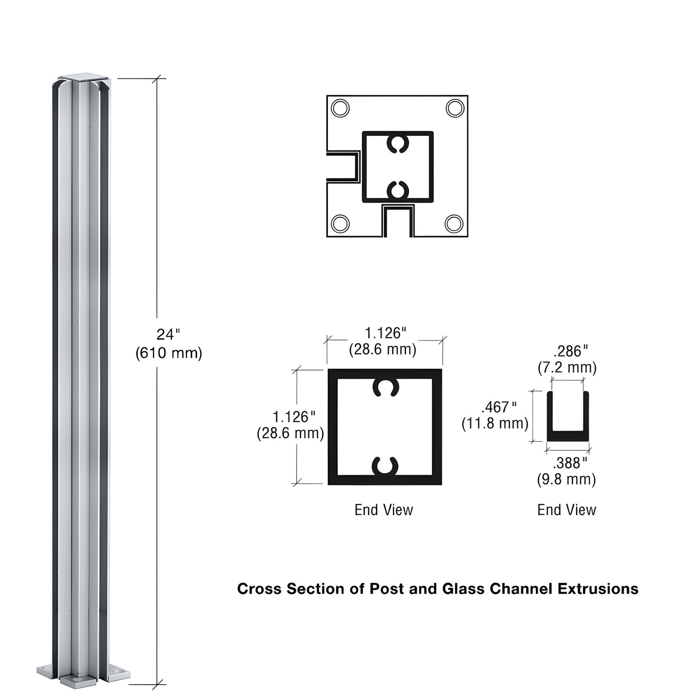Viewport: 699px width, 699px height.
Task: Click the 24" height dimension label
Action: (168, 335)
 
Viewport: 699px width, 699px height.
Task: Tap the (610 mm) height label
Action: (168, 353)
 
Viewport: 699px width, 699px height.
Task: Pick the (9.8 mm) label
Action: (566, 479)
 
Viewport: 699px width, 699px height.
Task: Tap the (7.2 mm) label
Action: (567, 368)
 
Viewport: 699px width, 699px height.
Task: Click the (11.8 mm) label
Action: (495, 423)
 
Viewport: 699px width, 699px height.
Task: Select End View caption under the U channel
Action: (566, 510)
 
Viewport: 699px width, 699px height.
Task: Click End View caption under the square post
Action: (384, 510)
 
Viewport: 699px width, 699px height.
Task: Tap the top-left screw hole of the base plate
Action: (340, 107)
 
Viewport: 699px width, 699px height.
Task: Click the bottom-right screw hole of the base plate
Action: (454, 223)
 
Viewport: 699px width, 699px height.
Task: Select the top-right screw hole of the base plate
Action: (455, 108)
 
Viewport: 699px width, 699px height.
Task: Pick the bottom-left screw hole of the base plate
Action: (340, 223)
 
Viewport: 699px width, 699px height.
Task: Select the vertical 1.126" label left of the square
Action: (294, 416)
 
